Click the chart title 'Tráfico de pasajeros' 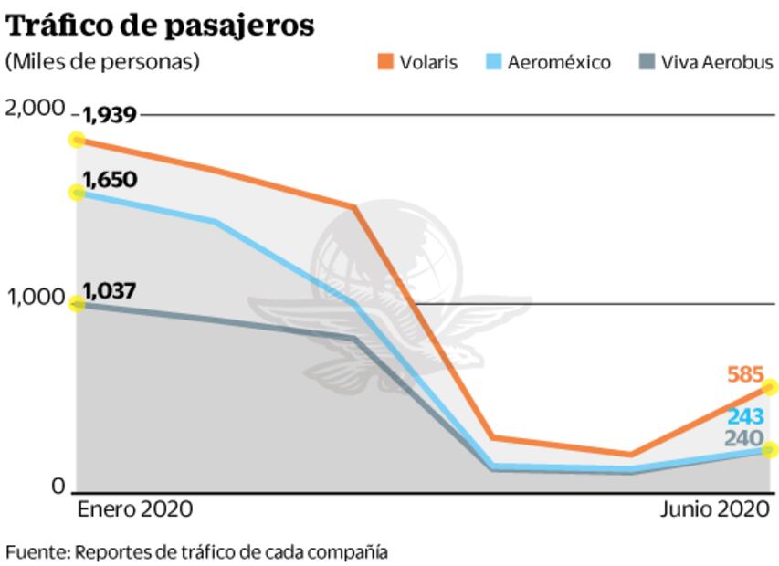click(161, 26)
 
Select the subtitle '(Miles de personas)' click(102, 62)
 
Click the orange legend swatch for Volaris click(384, 62)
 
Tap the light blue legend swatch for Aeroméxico click(492, 62)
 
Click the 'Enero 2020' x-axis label click(134, 508)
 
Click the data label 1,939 click(110, 116)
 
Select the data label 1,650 click(110, 179)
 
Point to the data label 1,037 click(110, 292)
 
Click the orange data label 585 click(745, 374)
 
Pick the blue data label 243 click(745, 417)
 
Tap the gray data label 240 click(745, 438)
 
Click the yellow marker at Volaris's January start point click(78, 140)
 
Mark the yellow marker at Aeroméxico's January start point click(78, 193)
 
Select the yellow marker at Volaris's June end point click(770, 387)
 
